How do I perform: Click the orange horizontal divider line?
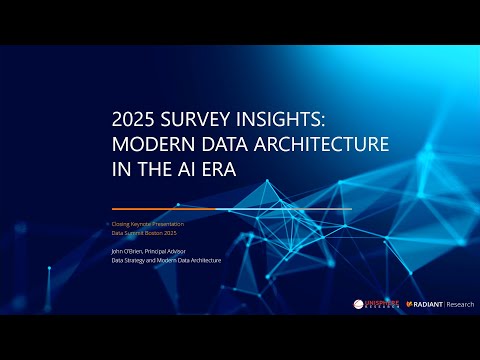[x=230, y=209]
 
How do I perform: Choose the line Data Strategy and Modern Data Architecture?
[x=165, y=260]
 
